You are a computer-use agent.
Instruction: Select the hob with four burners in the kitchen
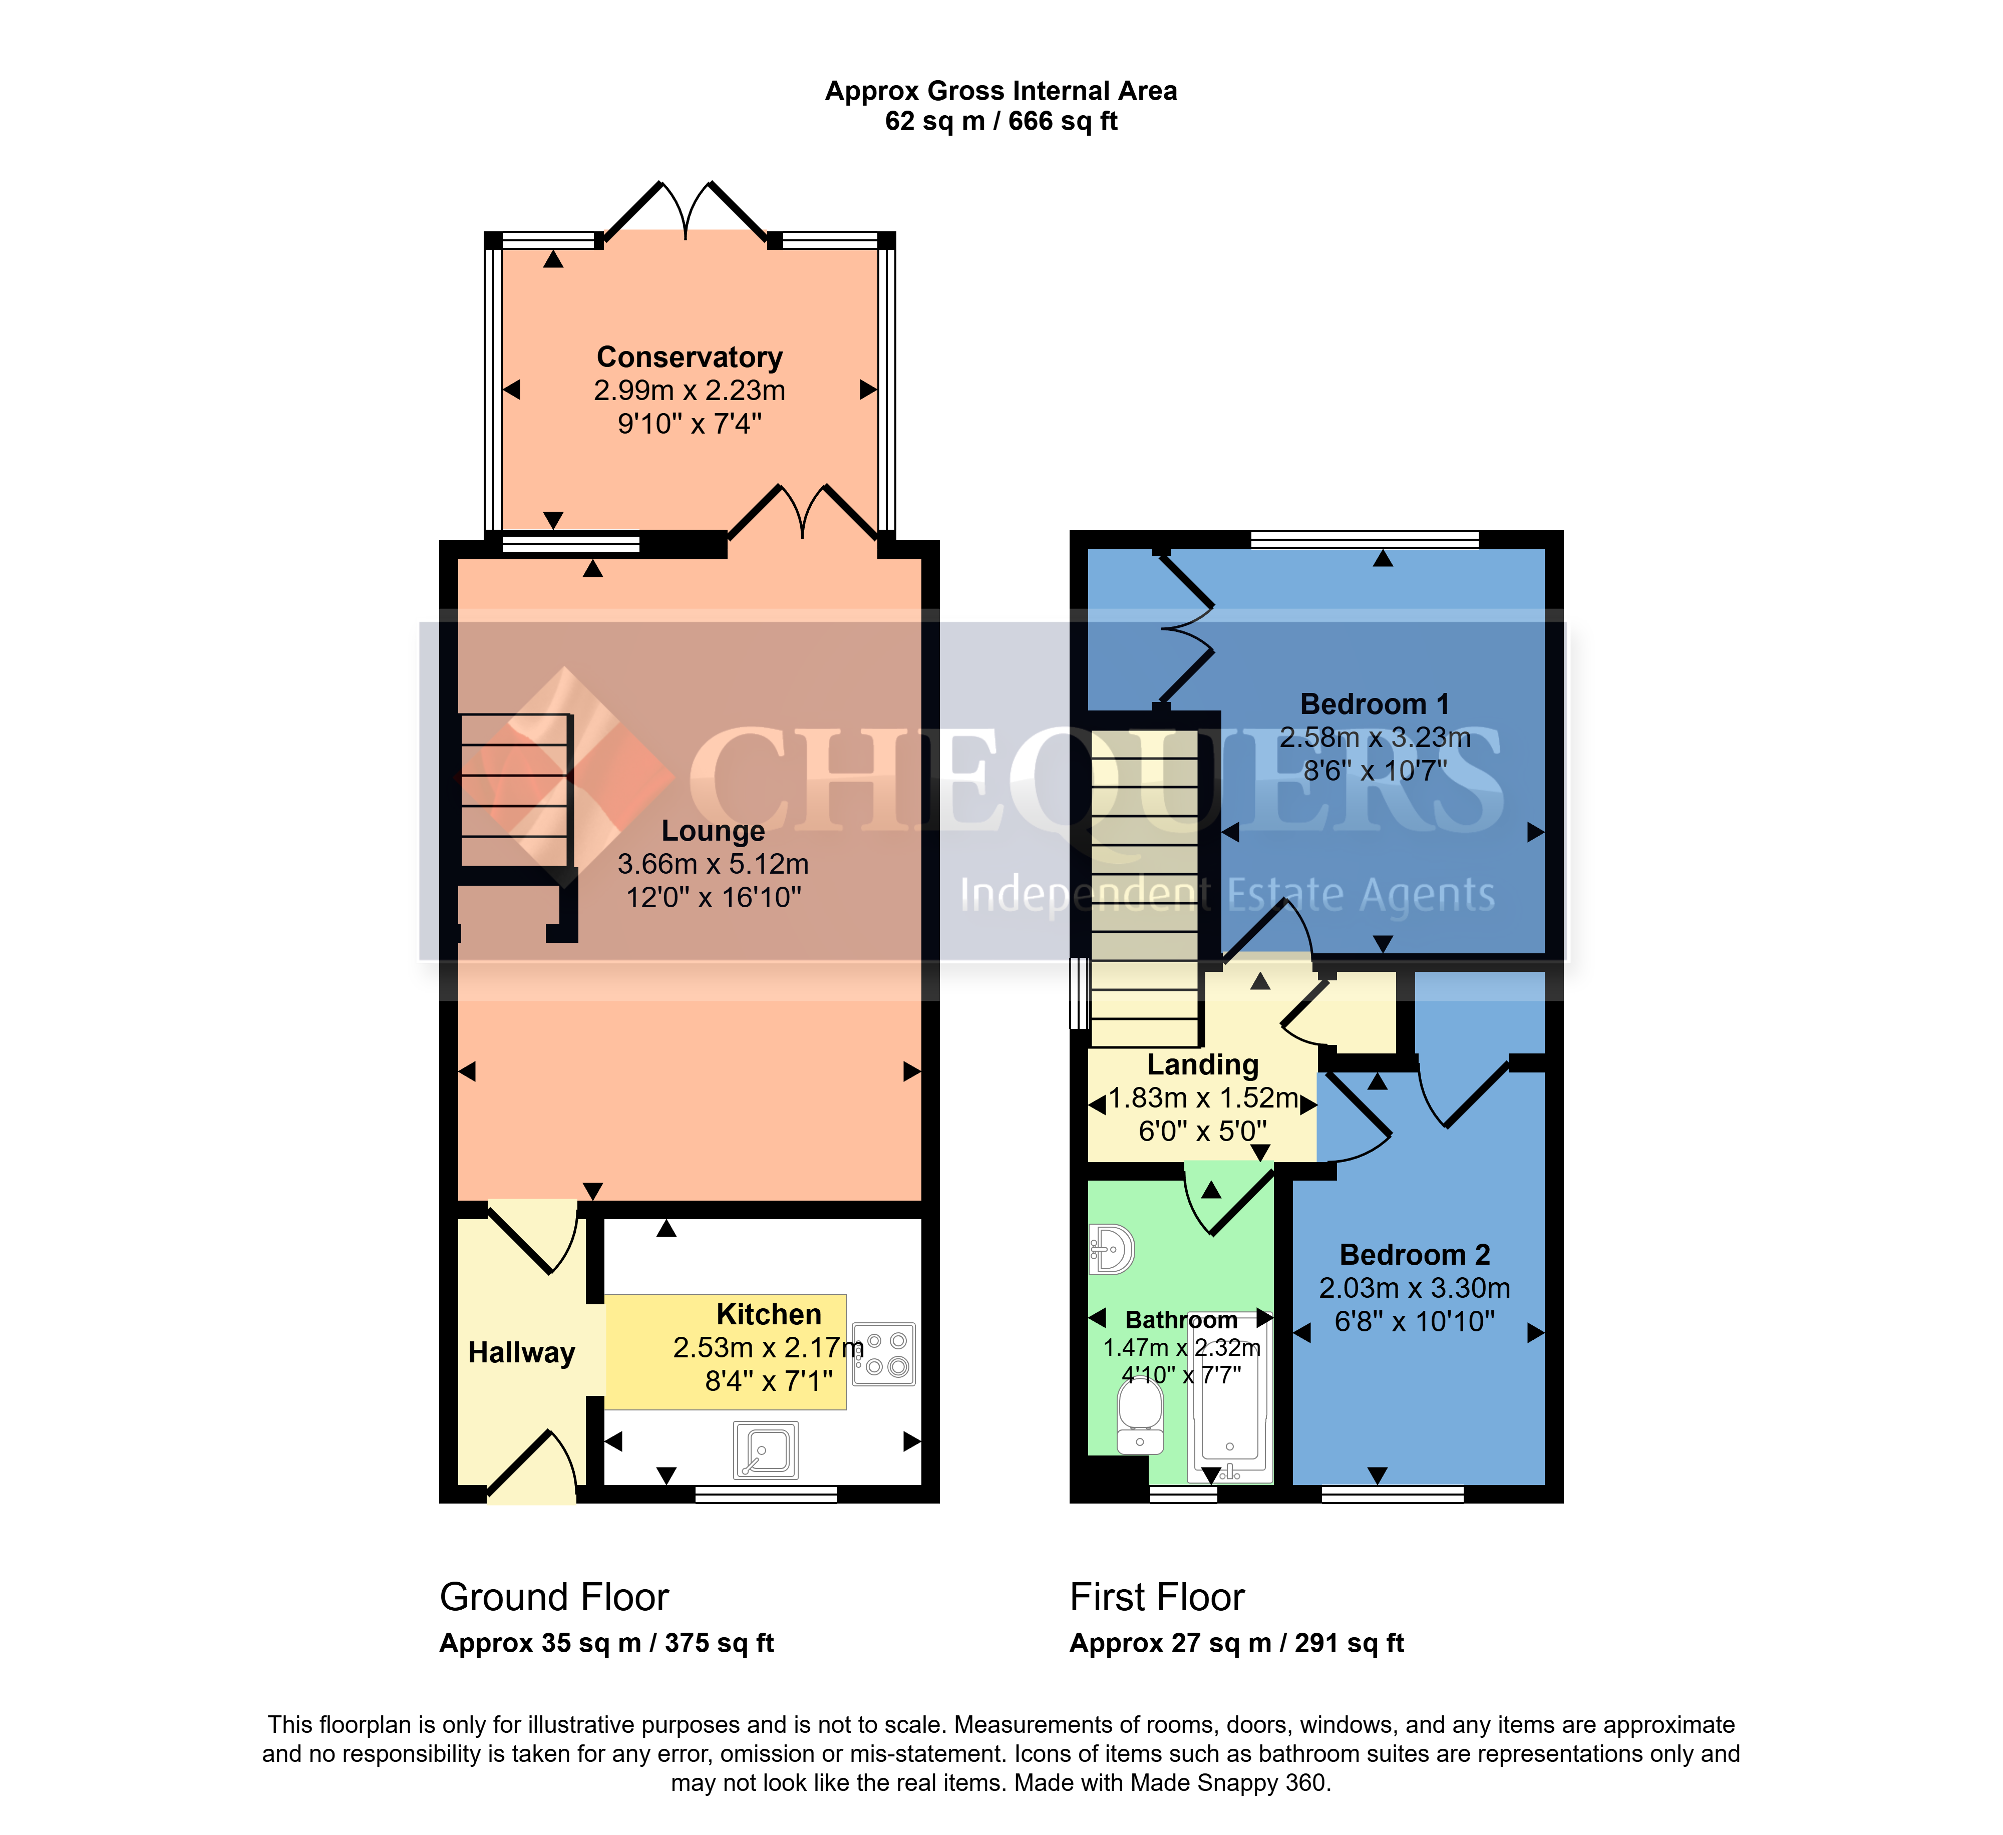[883, 1353]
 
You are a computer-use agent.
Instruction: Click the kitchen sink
[765, 1449]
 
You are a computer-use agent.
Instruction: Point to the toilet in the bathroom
[1141, 1416]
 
